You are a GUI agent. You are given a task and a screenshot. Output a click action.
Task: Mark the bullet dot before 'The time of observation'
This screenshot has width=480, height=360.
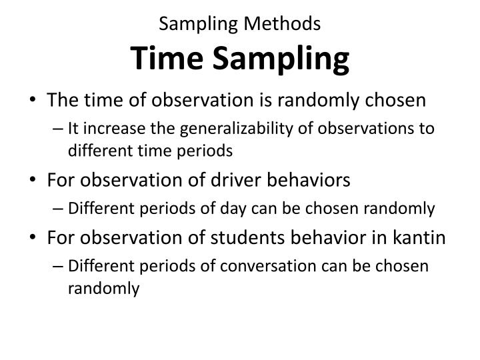click(x=34, y=100)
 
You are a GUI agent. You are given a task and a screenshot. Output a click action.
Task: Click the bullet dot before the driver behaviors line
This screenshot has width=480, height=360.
click(x=34, y=181)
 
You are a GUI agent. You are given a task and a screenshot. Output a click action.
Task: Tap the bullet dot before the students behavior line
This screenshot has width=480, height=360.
click(x=34, y=238)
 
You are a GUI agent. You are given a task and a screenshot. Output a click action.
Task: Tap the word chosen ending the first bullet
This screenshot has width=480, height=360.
click(x=397, y=100)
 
